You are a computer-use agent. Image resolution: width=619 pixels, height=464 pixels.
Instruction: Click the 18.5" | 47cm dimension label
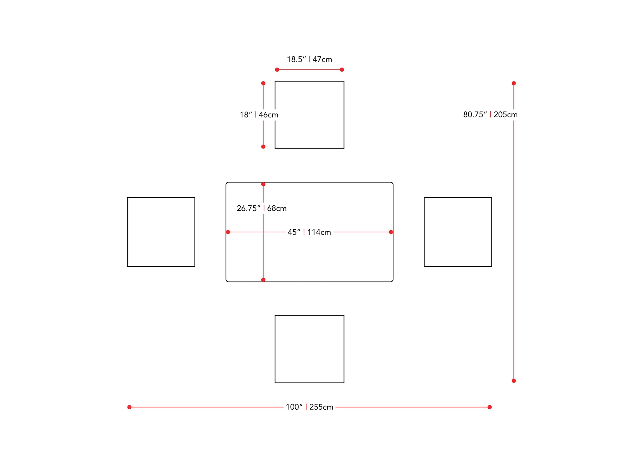click(309, 59)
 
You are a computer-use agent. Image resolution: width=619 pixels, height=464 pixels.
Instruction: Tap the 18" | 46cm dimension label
click(259, 115)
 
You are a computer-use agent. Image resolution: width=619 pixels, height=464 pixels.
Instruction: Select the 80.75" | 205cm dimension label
click(490, 115)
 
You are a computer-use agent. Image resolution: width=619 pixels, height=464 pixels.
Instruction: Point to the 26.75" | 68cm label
click(261, 208)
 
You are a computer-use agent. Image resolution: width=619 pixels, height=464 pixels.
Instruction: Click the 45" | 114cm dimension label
click(309, 232)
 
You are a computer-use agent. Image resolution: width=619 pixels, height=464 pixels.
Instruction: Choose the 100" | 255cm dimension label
click(309, 407)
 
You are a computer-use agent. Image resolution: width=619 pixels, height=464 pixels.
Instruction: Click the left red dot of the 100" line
click(129, 407)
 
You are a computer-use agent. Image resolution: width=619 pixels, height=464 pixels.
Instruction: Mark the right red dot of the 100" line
click(490, 407)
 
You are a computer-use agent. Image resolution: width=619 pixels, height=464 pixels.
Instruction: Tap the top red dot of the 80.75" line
click(514, 84)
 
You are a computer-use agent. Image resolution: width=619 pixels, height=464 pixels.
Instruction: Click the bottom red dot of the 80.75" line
click(514, 381)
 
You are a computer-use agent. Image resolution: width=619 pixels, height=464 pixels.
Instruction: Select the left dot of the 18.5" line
click(277, 70)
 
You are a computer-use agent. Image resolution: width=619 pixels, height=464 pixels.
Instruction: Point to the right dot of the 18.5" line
click(342, 70)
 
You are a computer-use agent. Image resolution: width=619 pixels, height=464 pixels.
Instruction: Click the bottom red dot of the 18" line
click(263, 147)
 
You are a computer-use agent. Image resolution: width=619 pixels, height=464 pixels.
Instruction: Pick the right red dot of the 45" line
click(391, 232)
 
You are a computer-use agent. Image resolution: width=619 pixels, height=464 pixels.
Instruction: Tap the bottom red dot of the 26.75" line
click(263, 280)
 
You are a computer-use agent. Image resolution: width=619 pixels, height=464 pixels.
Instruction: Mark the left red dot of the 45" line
click(228, 232)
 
